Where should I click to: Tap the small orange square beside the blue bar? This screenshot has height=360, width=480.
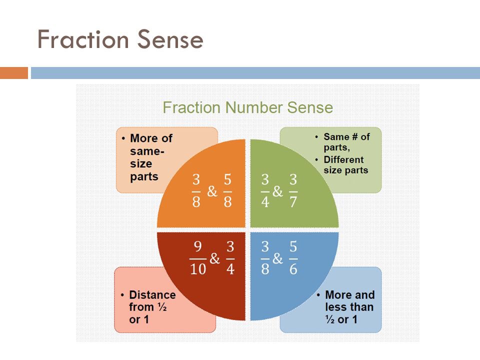(x=13, y=73)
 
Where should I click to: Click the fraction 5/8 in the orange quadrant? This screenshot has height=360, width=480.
(x=228, y=191)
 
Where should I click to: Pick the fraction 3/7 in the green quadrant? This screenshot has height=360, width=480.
(x=293, y=191)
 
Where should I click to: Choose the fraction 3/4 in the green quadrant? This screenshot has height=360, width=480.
(x=264, y=191)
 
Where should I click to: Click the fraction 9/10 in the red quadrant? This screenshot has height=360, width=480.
(x=198, y=258)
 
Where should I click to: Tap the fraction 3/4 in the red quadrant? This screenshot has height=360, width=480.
(x=230, y=258)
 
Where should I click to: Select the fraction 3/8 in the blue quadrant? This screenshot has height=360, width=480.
(x=264, y=258)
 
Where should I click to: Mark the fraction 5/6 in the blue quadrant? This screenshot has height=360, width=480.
(x=293, y=258)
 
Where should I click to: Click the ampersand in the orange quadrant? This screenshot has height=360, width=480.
(x=212, y=191)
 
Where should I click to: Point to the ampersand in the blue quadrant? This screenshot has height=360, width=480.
(x=278, y=258)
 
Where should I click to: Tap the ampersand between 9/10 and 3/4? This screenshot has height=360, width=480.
(x=214, y=258)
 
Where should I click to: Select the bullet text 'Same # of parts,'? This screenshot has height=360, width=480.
(x=346, y=141)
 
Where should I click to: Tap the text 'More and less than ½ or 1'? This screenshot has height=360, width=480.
(x=349, y=307)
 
